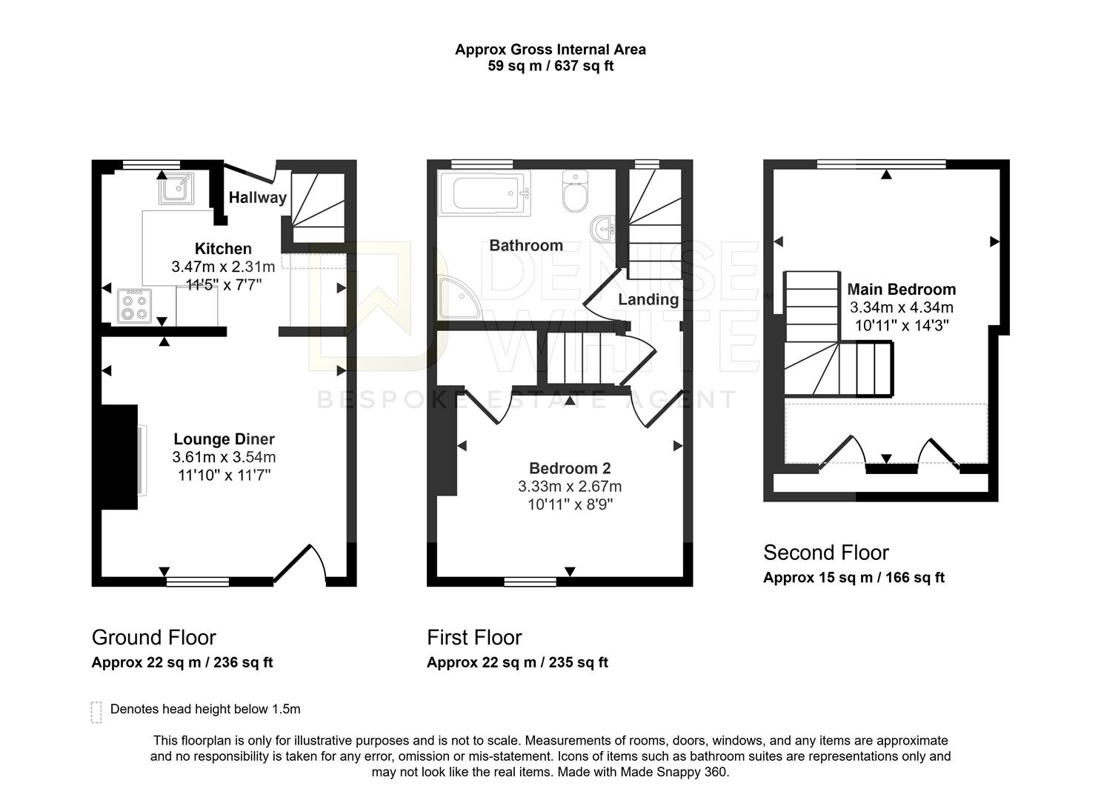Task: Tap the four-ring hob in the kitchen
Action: click(x=134, y=306)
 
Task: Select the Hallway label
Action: click(x=257, y=198)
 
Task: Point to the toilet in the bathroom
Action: click(x=575, y=191)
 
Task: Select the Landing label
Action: click(x=648, y=299)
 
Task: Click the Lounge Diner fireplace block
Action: click(x=119, y=456)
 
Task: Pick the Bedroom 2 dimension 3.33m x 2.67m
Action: click(x=570, y=487)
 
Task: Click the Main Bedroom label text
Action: click(x=901, y=289)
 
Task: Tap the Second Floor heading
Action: click(x=825, y=553)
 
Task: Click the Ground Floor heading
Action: click(x=153, y=638)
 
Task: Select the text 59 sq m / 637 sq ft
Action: click(x=550, y=66)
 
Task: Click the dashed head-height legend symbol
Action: click(x=96, y=711)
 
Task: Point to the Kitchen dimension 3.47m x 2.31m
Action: click(x=223, y=267)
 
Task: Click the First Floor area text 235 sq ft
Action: click(x=578, y=662)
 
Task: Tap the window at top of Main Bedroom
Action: click(x=881, y=164)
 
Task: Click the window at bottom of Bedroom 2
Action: click(x=530, y=581)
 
